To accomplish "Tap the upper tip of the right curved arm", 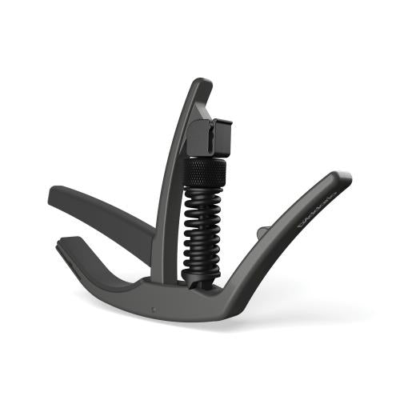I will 345,176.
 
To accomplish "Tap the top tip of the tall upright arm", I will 202,82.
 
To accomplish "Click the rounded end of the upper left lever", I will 54,194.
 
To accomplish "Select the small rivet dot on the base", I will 154,306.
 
